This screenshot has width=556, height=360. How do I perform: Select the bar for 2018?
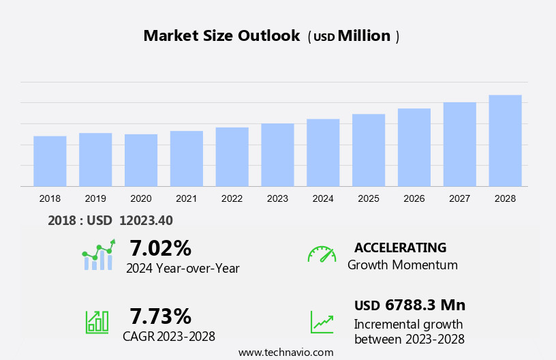tap(50, 161)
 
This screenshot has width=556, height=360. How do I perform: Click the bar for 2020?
tap(141, 160)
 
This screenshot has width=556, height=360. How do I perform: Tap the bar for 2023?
tap(277, 155)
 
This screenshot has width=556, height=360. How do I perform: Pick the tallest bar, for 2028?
tap(505, 140)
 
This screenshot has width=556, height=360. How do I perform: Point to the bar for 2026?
tap(414, 147)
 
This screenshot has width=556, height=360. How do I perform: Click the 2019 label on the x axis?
tap(95, 198)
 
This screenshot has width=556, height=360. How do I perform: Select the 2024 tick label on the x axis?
tap(323, 198)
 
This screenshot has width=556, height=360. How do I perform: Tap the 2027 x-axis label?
tap(460, 198)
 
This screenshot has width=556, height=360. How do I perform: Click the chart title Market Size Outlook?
tap(221, 36)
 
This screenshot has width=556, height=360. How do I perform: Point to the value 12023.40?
tap(146, 220)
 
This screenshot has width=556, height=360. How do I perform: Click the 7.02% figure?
tap(160, 247)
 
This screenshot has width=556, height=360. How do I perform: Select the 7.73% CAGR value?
tap(160, 316)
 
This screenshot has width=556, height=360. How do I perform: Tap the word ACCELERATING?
tap(400, 247)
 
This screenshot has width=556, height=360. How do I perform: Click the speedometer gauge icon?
tap(322, 254)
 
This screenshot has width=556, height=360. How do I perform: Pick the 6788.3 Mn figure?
tap(424, 305)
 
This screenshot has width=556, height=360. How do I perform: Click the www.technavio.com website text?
tap(285, 352)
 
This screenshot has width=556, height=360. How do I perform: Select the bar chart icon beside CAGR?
tap(97, 321)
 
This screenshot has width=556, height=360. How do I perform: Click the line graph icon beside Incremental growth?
tap(322, 322)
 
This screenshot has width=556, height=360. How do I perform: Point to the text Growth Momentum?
tap(402, 265)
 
